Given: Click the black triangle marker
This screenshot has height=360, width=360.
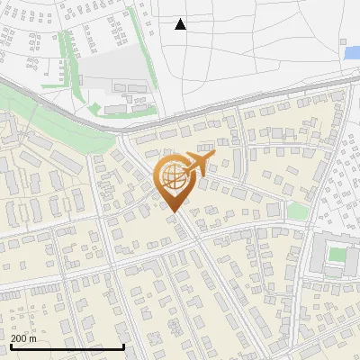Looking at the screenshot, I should click(180, 24).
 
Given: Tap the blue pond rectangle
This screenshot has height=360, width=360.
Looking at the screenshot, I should click(352, 53).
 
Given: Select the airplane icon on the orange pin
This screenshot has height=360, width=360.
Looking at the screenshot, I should click(197, 165).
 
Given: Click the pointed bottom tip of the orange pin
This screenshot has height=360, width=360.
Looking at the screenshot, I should click(172, 212).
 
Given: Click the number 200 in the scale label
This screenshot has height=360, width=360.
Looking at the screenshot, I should click(20, 338).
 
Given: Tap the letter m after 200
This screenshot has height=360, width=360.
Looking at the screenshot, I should click(33, 338).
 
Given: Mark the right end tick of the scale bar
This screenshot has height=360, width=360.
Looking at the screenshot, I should click(123, 346).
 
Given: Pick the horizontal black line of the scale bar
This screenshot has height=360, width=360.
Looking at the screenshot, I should click(67, 347).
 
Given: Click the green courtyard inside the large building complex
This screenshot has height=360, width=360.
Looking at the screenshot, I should click(337, 255).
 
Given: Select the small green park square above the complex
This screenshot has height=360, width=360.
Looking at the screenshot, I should click(297, 212).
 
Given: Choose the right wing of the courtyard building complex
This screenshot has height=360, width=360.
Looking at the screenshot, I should click(354, 255).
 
